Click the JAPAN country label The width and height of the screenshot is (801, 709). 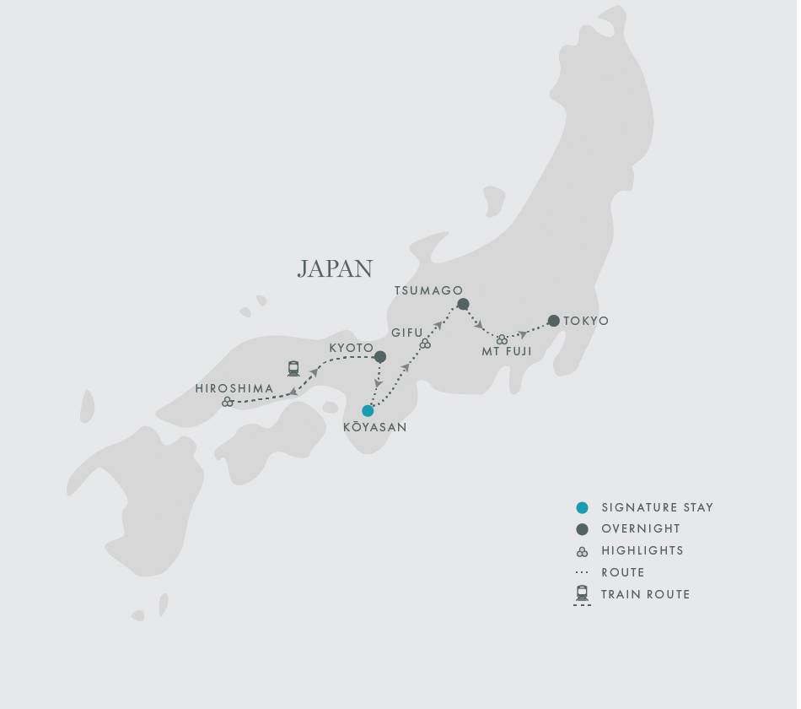335,268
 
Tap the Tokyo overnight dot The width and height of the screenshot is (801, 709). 554,321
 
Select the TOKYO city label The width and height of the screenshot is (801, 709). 586,322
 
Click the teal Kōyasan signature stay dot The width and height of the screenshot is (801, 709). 368,411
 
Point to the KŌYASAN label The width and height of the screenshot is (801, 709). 374,428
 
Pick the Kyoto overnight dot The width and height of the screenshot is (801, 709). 380,357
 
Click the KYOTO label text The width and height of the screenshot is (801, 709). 351,348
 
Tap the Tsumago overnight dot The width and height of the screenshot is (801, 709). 463,304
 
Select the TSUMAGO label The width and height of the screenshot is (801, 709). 428,291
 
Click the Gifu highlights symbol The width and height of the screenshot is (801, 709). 425,344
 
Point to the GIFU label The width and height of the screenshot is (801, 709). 407,333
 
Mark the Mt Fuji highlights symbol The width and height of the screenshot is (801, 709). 502,339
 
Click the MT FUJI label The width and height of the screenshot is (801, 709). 507,352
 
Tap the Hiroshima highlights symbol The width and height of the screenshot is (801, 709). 227,403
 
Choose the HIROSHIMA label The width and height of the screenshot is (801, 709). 234,389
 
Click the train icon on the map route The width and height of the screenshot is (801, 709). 293,369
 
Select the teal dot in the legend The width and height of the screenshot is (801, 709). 582,508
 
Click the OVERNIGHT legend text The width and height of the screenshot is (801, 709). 641,529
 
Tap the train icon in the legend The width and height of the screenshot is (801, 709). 582,593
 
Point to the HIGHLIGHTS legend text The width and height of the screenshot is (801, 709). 642,551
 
